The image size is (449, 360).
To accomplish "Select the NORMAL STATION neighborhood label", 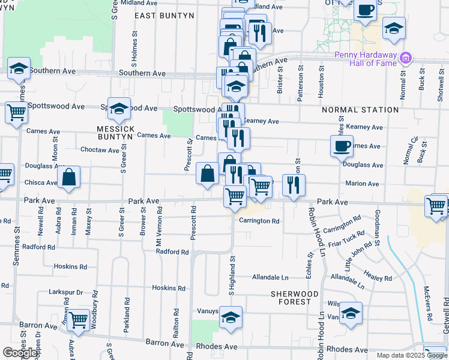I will [360, 110].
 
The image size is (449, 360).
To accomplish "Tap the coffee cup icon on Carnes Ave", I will [342, 145].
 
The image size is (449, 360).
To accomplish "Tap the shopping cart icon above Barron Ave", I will [79, 320].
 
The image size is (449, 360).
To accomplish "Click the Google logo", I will [20, 353].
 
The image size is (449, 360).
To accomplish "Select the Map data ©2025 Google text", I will [411, 355].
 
